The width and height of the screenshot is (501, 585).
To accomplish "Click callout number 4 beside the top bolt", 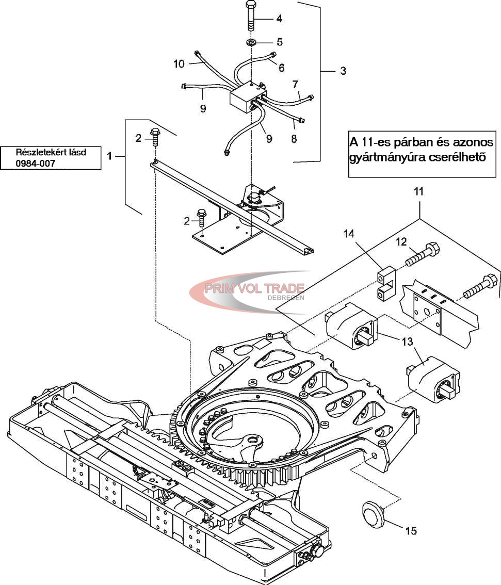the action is [x=280, y=18].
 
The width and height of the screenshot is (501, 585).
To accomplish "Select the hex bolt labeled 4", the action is [x=251, y=17].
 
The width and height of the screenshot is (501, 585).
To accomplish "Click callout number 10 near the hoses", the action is [x=179, y=64].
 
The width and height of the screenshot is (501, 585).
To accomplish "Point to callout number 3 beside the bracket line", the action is [x=343, y=71].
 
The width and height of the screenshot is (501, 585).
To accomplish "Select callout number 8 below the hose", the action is [x=294, y=138].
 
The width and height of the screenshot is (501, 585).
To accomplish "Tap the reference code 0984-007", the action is [x=36, y=163].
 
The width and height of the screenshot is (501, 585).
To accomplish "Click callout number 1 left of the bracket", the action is [x=109, y=156].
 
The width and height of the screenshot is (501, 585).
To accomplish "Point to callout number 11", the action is [x=418, y=191].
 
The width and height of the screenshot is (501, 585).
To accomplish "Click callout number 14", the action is [x=349, y=234].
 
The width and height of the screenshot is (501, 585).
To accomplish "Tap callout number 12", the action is [x=401, y=242].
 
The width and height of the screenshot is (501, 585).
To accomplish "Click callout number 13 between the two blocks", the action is [x=408, y=341].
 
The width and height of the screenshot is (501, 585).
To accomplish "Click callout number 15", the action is [x=411, y=530].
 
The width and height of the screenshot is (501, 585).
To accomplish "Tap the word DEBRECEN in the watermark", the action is [x=286, y=298].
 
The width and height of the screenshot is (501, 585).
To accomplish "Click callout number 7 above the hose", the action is [x=296, y=84].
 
